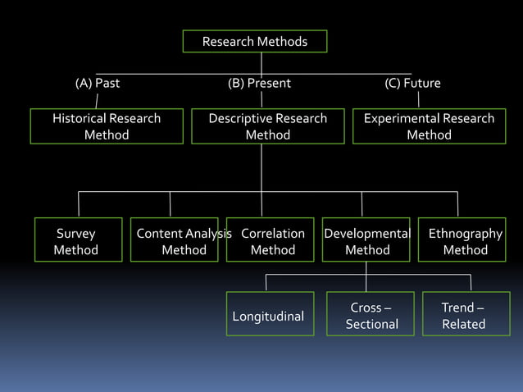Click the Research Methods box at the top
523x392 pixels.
click(x=254, y=41)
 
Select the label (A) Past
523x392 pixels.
click(x=97, y=84)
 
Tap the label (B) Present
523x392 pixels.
click(x=259, y=84)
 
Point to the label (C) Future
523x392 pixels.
click(x=412, y=84)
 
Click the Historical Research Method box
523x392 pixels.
click(x=107, y=126)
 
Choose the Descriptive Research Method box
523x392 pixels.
click(x=267, y=126)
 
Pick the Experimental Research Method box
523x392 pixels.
click(x=429, y=126)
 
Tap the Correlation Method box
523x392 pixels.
click(x=271, y=240)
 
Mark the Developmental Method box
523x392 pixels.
click(x=366, y=240)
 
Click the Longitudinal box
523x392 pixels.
click(x=270, y=315)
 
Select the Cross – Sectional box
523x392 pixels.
click(x=371, y=315)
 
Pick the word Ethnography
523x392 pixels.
click(x=466, y=234)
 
